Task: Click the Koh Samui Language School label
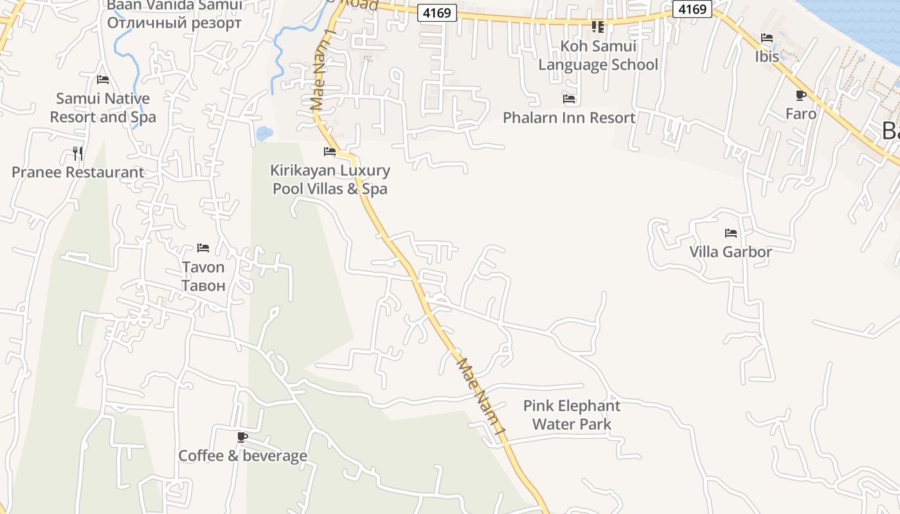tap(598, 55)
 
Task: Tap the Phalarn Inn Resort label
tap(569, 118)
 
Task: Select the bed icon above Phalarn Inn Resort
tap(569, 99)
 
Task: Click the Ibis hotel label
tap(767, 57)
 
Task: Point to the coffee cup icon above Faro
tap(800, 96)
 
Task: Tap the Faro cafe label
tap(801, 114)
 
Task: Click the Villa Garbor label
tap(730, 251)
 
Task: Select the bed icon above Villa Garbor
tap(730, 233)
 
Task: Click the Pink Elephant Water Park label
tap(571, 415)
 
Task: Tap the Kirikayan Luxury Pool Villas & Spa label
tap(330, 179)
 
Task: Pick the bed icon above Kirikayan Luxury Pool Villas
tap(330, 152)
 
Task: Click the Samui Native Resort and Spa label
tap(103, 108)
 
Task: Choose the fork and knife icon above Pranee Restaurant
tap(78, 153)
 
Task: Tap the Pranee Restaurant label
tap(78, 172)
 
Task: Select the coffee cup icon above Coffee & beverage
tap(242, 438)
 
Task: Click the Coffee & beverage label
tap(242, 456)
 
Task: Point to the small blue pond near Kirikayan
tap(264, 134)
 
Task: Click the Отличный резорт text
tap(174, 23)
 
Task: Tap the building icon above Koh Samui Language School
tap(598, 27)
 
